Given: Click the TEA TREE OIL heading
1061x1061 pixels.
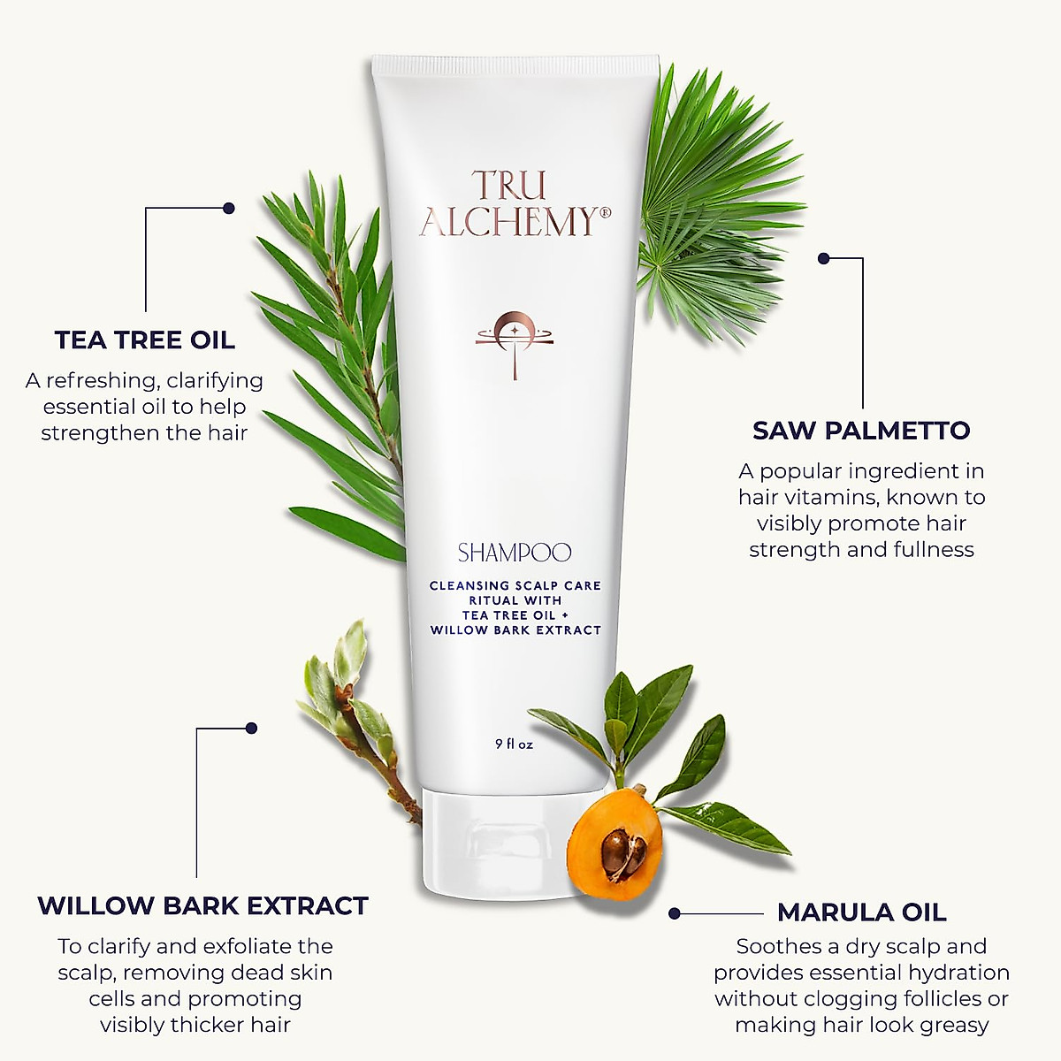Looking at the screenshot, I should coord(145,340).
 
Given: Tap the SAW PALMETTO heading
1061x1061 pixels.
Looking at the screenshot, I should coord(861,431).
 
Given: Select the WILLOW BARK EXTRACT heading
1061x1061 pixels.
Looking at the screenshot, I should coord(202,905).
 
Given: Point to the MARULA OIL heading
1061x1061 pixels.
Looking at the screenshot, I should coord(861,912).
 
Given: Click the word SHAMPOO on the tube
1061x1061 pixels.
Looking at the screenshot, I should coord(515,553).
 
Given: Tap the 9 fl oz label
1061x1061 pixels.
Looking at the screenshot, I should coord(515,744).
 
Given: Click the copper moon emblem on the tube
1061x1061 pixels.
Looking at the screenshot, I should coord(514,336).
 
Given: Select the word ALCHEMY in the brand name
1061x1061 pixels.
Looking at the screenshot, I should coord(508,223).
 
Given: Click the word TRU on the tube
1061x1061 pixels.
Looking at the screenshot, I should coord(509,185).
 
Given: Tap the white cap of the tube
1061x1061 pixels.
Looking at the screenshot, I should coord(495,840).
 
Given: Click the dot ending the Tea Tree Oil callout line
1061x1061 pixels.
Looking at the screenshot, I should coord(229,209).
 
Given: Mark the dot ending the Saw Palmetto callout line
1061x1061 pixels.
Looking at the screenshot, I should coord(824,258).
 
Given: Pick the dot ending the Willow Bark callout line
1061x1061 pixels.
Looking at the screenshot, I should coord(251,729).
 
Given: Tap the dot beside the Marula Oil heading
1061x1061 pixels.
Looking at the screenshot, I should coord(675,912).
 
